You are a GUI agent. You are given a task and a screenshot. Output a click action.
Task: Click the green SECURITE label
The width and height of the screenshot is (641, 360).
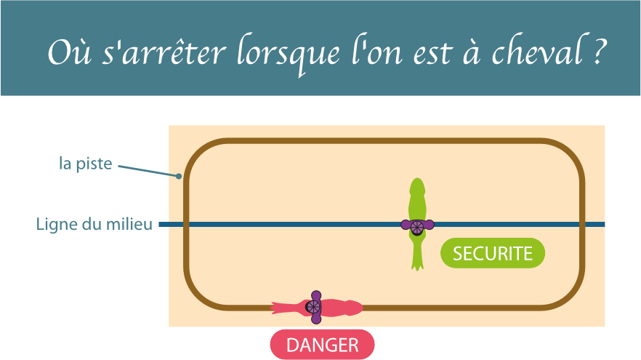coord(493,253)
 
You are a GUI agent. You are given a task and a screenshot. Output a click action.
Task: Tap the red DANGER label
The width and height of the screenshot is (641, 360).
coord(322,345)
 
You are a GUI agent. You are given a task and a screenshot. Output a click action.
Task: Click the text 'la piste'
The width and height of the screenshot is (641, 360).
coord(86,164)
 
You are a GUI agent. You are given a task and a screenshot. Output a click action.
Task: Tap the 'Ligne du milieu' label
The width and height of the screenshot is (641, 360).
coord(94,224)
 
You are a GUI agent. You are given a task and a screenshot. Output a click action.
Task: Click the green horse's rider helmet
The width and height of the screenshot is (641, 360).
coord(417,226)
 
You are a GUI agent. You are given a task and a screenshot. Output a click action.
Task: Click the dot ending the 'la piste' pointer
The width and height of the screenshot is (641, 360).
coord(179,175)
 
